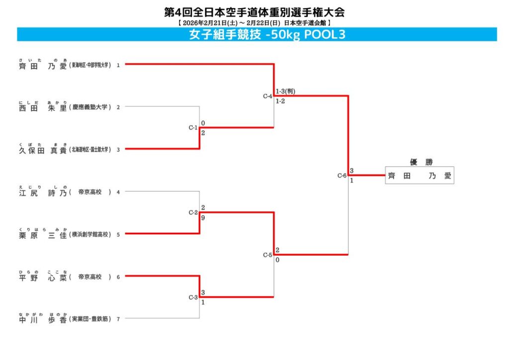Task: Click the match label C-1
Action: [x=193, y=128]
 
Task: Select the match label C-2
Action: [x=193, y=212]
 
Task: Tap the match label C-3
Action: [x=193, y=297]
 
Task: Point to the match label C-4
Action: [x=267, y=96]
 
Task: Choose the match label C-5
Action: [x=267, y=255]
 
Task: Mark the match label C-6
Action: [x=341, y=176]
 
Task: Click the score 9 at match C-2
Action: [x=203, y=218]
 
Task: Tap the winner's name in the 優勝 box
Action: [x=419, y=176]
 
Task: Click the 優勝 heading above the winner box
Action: [x=419, y=162]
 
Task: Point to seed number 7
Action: [x=118, y=319]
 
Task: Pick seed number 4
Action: [x=118, y=191]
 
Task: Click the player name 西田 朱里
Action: [x=43, y=107]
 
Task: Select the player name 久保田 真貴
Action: [x=43, y=150]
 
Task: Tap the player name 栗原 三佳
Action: [x=43, y=235]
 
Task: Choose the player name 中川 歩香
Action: [x=43, y=319]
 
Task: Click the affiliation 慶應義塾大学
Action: [x=90, y=107]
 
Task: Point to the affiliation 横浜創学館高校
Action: [x=90, y=234]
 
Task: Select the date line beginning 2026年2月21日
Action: [x=254, y=22]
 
